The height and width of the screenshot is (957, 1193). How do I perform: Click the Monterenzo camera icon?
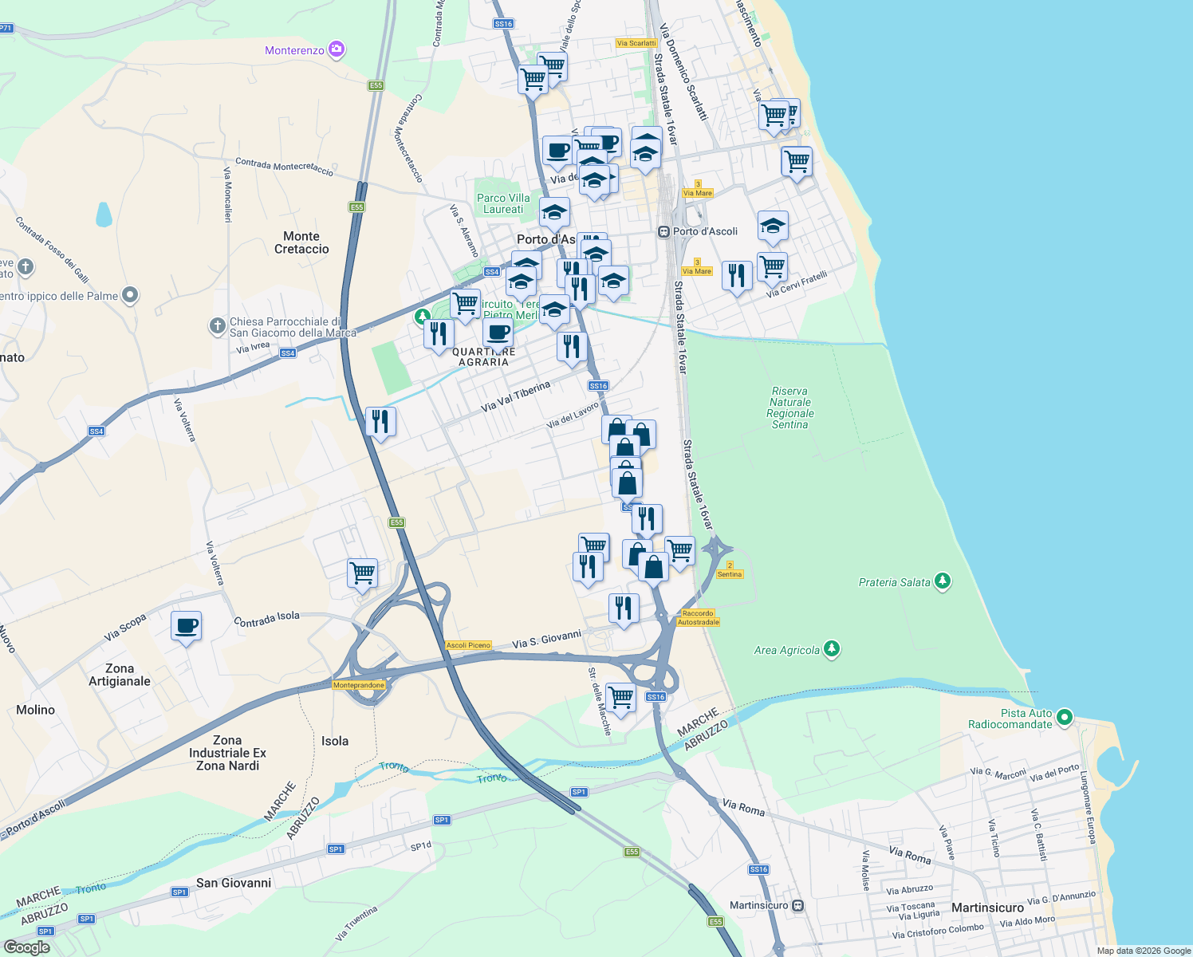(337, 50)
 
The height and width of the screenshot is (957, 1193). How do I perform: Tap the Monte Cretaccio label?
(301, 242)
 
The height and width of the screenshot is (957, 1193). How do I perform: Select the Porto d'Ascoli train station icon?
(663, 231)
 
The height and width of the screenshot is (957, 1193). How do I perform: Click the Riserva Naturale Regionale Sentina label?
(790, 408)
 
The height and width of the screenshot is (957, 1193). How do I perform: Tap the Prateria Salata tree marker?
(943, 581)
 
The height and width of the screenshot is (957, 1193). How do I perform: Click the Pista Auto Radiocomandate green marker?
(1065, 718)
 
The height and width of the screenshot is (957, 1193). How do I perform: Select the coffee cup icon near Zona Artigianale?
(186, 626)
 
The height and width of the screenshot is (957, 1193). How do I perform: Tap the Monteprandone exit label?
(359, 685)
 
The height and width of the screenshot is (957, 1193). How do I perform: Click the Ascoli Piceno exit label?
(468, 645)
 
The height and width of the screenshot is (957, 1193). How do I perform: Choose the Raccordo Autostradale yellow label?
(699, 617)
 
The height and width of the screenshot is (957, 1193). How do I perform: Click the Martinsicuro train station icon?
(798, 906)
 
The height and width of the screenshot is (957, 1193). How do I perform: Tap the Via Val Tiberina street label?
(515, 396)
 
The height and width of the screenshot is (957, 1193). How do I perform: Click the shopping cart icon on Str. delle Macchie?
(620, 697)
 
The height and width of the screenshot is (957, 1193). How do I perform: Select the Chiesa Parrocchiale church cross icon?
(217, 325)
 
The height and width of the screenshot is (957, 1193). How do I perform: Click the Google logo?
(26, 947)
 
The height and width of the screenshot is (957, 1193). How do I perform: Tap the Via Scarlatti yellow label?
(636, 43)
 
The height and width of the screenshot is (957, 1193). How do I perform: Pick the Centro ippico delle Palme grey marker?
(130, 296)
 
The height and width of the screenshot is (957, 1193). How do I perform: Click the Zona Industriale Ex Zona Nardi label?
(227, 753)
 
